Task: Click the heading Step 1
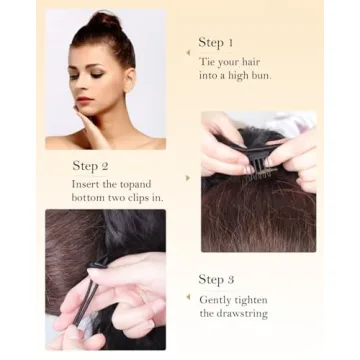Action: click(215, 43)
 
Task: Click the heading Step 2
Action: click(90, 166)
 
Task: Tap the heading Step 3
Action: click(215, 279)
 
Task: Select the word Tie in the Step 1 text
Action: click(205, 62)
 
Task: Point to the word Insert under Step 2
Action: click(85, 184)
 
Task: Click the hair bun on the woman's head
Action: click(103, 21)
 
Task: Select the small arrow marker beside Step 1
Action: click(188, 53)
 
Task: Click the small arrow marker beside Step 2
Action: click(188, 178)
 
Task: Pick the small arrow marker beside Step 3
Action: click(188, 297)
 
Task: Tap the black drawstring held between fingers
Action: click(85, 300)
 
